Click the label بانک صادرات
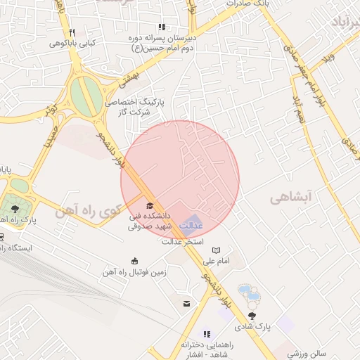click(247, 4)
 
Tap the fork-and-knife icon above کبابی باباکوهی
click(71, 32)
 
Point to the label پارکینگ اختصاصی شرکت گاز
click(133, 107)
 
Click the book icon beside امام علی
click(216, 250)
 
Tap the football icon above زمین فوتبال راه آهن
click(134, 260)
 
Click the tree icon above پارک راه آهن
click(14, 209)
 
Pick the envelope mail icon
click(186, 303)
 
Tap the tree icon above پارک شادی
click(252, 315)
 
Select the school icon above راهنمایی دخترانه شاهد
click(207, 334)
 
